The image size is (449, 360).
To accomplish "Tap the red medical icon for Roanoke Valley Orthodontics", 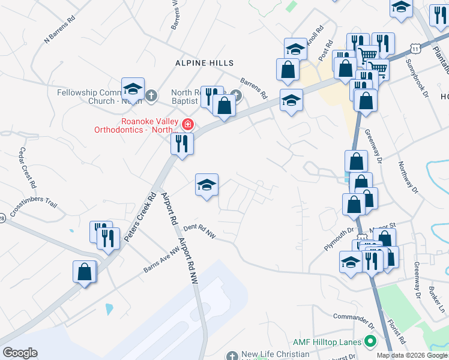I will [188, 124].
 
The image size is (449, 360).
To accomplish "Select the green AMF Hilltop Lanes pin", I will [370, 342].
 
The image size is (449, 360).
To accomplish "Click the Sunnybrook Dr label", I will [418, 78].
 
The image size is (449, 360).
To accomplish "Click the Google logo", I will [20, 353].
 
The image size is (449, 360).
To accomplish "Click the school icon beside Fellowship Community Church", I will [133, 89].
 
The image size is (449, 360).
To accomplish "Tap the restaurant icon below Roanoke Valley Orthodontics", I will [181, 143].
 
